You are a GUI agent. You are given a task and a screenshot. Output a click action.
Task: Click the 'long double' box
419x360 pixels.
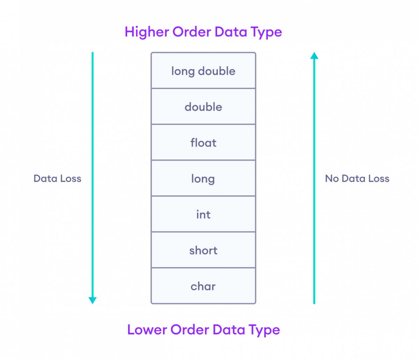[203, 71]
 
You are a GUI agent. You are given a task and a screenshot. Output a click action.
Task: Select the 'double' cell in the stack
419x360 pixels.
[203, 107]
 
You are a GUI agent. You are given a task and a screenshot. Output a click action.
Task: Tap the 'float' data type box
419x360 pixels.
[203, 143]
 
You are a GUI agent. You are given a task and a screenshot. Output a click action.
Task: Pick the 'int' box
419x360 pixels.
[203, 214]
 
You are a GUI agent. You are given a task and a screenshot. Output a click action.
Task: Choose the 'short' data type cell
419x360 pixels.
[203, 250]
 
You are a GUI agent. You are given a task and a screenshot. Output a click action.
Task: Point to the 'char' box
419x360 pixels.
[203, 286]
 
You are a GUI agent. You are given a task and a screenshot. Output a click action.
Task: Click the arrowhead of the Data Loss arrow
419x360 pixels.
[93, 300]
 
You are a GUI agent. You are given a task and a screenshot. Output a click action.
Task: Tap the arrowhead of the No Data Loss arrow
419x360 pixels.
[314, 56]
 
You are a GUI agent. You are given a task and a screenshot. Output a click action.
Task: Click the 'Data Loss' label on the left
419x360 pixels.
[58, 179]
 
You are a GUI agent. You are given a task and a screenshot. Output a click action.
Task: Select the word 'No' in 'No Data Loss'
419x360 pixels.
[332, 179]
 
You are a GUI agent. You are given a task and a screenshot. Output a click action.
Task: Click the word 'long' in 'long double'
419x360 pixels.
[183, 71]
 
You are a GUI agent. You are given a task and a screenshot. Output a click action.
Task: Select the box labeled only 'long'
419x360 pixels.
[203, 179]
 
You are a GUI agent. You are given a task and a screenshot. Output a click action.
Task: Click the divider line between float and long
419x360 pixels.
[203, 160]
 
